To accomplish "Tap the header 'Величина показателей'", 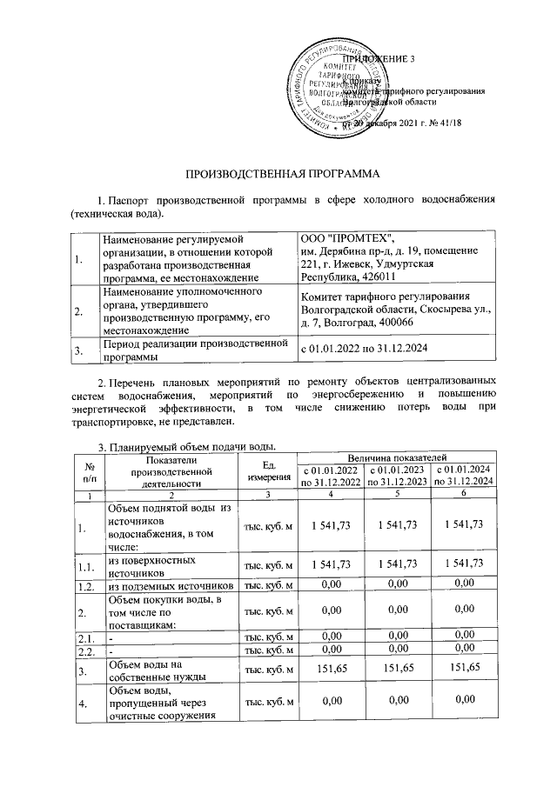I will click(x=397, y=456).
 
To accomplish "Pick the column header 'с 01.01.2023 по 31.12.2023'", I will click(x=397, y=476).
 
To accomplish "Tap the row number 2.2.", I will click(x=85, y=651).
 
